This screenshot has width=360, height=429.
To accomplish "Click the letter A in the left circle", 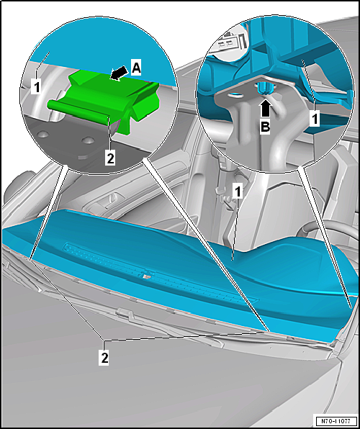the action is click(136, 68).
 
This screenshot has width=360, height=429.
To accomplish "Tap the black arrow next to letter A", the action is click(120, 73).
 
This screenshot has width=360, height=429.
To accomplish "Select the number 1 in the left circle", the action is click(37, 87).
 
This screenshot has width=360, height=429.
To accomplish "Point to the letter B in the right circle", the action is click(265, 127).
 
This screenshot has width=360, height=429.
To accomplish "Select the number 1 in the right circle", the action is click(315, 119).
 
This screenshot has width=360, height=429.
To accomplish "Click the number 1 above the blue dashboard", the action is click(238, 191).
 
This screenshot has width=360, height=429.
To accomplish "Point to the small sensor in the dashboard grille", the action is click(147, 276).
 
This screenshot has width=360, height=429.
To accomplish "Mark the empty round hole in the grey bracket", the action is click(235, 96).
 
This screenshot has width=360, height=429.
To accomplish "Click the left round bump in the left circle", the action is click(43, 135).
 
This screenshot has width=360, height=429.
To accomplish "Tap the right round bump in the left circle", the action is click(88, 141).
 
